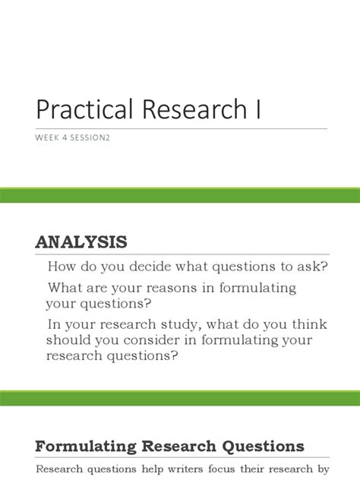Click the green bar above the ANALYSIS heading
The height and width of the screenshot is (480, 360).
tap(180, 196)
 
